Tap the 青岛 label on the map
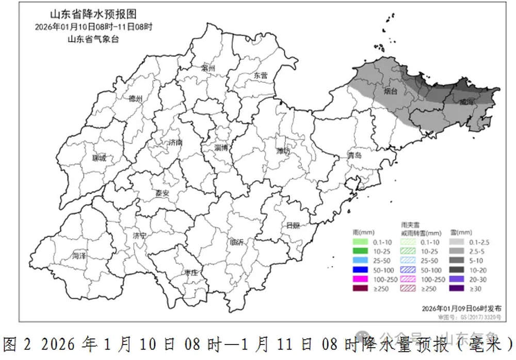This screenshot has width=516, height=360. click(354, 155)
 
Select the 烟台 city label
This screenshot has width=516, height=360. click(391, 92)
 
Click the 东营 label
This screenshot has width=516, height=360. click(261, 75)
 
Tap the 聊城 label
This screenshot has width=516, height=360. click(98, 158)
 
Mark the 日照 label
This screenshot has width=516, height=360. click(293, 225)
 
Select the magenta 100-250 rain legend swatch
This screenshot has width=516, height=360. click(362, 279)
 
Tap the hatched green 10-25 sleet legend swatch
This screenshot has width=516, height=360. click(410, 252)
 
